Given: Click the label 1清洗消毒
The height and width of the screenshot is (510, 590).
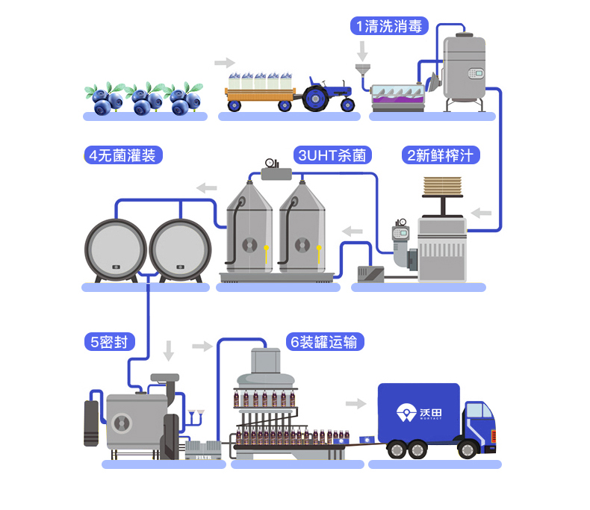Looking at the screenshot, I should [x=389, y=26].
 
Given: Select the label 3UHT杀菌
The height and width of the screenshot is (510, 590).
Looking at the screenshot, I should [x=334, y=156].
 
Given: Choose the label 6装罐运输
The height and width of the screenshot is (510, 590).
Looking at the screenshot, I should [x=326, y=342].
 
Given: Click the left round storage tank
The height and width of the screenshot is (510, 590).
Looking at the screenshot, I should [x=115, y=249].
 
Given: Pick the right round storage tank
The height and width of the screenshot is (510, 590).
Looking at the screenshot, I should [x=180, y=249].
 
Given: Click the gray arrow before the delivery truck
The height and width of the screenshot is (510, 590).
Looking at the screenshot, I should [x=356, y=404].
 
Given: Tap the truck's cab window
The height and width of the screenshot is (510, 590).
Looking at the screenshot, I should [x=475, y=412].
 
